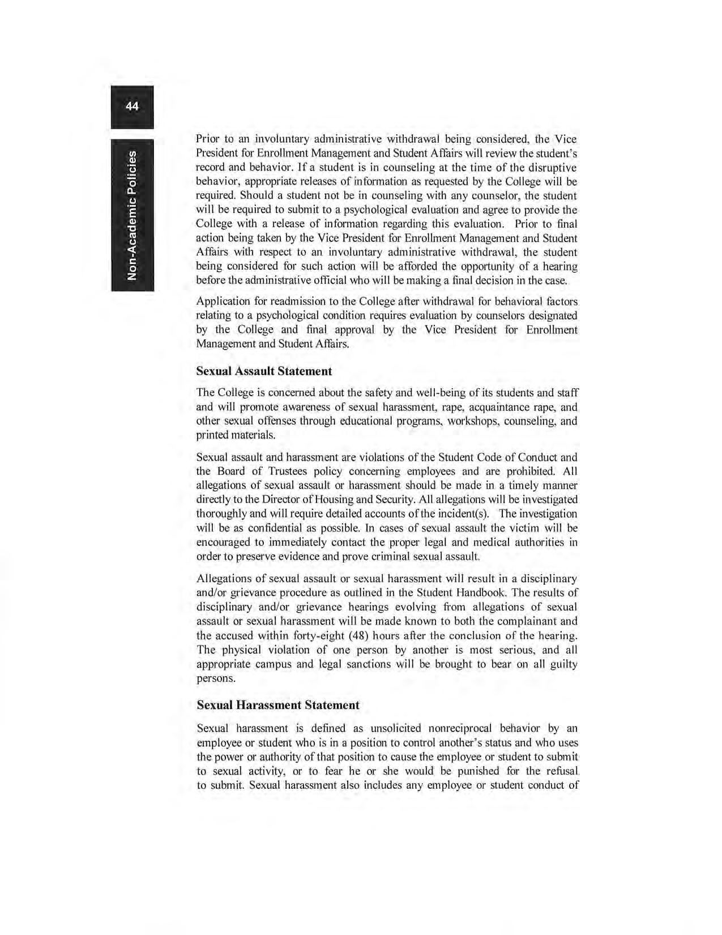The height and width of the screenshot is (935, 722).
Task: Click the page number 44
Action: pos(132,107)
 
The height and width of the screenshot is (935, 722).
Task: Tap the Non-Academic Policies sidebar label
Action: pos(132,215)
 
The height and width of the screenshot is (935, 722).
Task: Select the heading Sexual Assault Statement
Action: pos(264,371)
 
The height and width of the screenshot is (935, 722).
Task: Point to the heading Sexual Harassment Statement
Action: pos(277,705)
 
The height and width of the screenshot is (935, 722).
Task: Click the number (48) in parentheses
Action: pos(353,636)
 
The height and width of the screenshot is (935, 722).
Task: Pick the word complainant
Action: pos(522,622)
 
